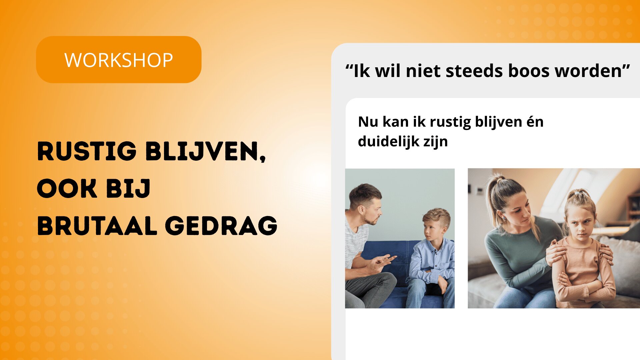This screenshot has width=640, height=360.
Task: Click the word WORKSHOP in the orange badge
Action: tap(119, 60)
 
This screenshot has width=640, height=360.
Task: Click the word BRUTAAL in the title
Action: tap(97, 226)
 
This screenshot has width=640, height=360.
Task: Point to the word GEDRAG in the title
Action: tap(221, 226)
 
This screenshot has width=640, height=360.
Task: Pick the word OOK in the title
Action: tap(67, 188)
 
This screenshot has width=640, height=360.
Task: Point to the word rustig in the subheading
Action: tap(450, 122)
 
